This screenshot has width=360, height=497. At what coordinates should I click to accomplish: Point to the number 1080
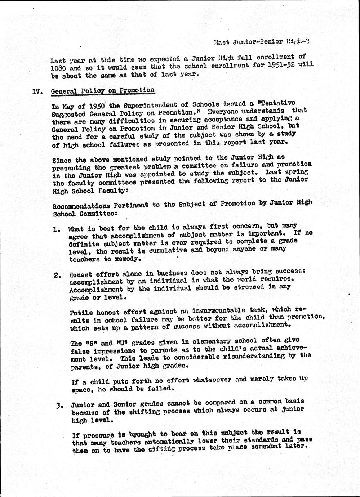coord(58,68)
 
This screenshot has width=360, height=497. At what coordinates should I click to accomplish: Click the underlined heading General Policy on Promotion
coord(103,91)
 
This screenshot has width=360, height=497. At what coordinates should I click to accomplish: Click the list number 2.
coord(57,276)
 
